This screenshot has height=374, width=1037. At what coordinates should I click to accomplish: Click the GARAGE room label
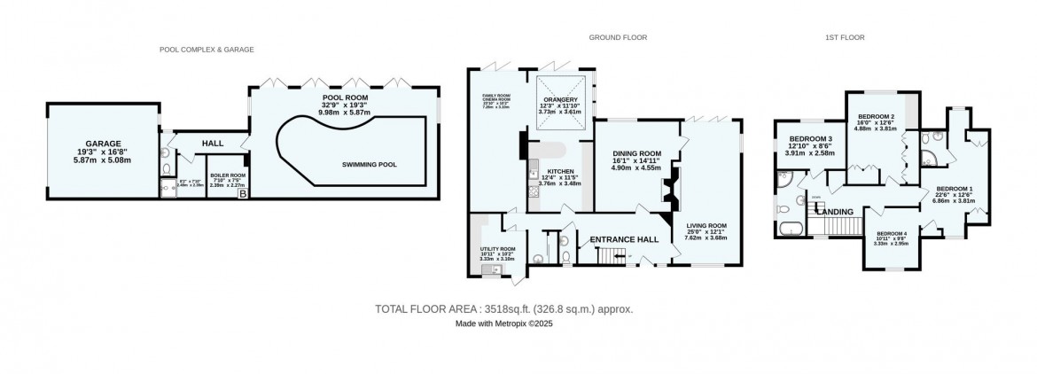coord(103,143)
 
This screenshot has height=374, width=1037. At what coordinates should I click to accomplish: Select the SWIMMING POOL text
coord(370,165)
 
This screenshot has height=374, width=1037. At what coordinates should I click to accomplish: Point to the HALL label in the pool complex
coord(212,143)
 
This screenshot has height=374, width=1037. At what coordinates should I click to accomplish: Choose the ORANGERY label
coord(559,99)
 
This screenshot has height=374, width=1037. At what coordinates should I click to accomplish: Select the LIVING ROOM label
coord(706,226)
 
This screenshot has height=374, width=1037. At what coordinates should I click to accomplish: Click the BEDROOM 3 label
coord(811,139)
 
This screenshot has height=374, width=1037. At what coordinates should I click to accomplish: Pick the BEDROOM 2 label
coord(874,117)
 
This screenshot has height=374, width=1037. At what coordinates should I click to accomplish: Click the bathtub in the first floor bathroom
coord(788,230)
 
